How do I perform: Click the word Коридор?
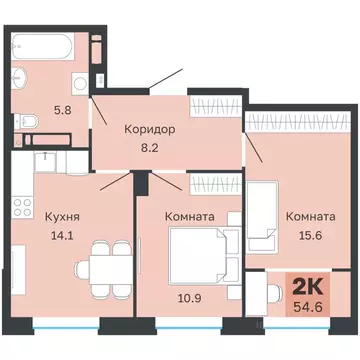tap(150, 129)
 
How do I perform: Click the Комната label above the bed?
tap(188, 215)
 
